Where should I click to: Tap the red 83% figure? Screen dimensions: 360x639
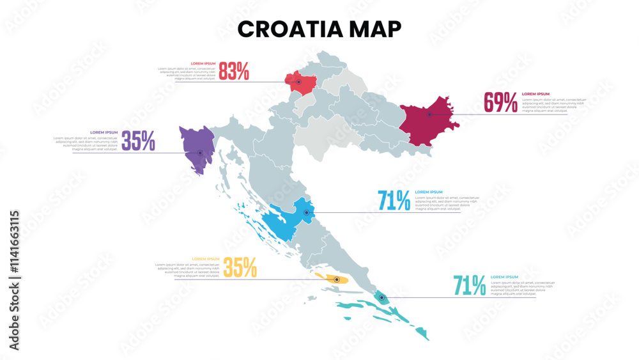point(234,72)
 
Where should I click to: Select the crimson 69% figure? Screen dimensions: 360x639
point(500,102)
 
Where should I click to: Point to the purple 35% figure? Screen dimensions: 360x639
point(138,141)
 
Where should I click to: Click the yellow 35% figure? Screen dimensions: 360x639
point(240,267)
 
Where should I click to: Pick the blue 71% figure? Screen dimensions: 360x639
point(394,201)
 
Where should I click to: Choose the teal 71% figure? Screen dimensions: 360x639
point(469,285)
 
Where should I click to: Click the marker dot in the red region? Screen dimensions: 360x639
point(298,82)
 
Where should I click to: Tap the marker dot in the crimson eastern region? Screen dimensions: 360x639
point(429,115)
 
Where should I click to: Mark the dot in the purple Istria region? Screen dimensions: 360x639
point(200,153)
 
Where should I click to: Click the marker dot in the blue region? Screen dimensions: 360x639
point(306,213)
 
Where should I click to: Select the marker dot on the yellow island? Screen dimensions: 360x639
point(337,279)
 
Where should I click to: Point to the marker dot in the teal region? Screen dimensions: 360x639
point(381,297)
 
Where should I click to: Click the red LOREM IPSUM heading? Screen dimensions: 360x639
point(202,64)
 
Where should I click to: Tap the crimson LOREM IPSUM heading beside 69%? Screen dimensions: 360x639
point(535,94)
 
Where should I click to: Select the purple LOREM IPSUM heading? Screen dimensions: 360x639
point(104,132)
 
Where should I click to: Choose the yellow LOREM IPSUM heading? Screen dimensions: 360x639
point(206,259)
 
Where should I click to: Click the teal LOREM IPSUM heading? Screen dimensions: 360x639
point(504,277)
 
